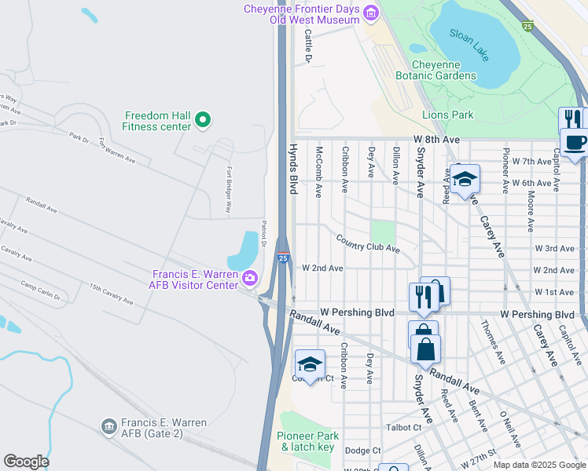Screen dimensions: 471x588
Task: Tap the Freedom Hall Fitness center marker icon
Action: coord(203,120)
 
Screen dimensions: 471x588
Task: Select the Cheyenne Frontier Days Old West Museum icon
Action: coord(370,13)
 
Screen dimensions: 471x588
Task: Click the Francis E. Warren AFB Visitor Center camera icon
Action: coord(250,277)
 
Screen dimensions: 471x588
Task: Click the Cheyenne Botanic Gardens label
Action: coord(443,70)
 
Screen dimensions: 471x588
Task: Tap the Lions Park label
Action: coord(447,115)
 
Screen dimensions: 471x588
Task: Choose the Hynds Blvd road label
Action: coord(293,169)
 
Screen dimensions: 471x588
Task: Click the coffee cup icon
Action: coord(574,142)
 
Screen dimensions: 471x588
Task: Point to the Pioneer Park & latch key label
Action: coord(307,441)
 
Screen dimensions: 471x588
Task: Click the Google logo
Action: coord(26,462)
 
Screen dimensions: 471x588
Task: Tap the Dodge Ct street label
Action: coord(362,451)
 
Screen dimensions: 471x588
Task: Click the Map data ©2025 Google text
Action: coord(538,465)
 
